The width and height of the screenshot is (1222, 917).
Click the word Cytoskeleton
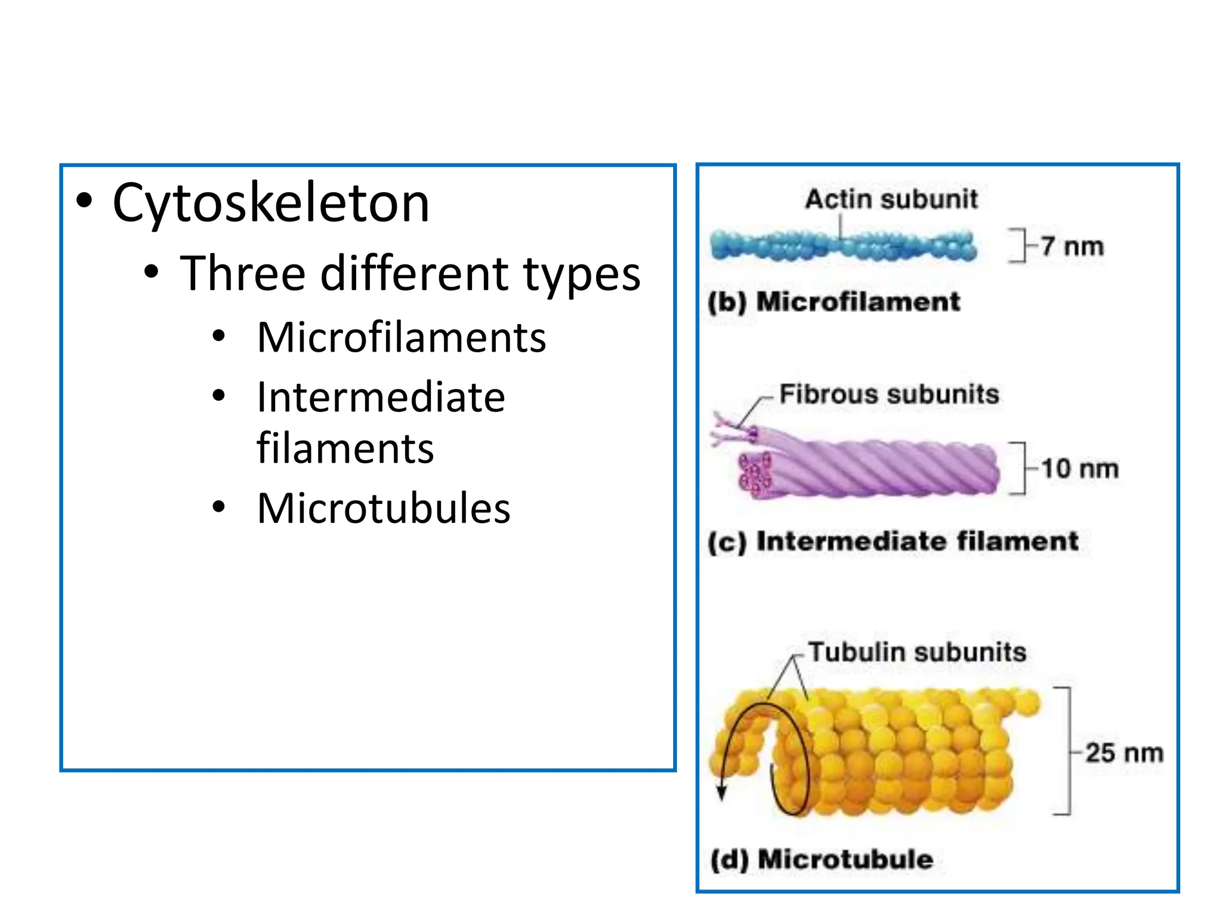pyautogui.click(x=271, y=204)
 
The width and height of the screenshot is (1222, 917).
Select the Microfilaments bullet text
pyautogui.click(x=401, y=337)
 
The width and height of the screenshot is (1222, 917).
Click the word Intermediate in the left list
pyautogui.click(x=381, y=397)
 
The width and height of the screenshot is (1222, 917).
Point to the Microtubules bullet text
pyautogui.click(x=383, y=508)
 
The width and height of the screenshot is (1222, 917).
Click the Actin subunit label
pyautogui.click(x=891, y=199)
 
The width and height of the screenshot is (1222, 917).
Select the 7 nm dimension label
pyautogui.click(x=1072, y=246)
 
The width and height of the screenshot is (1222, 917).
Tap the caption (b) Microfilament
pyautogui.click(x=834, y=301)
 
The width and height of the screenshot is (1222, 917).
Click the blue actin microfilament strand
pyautogui.click(x=843, y=245)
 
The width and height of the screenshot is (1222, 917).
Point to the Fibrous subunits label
pyautogui.click(x=889, y=394)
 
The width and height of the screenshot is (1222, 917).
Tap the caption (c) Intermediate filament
pyautogui.click(x=893, y=541)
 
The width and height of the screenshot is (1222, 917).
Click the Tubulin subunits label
pyautogui.click(x=917, y=652)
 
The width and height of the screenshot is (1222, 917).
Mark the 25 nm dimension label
pyautogui.click(x=1124, y=753)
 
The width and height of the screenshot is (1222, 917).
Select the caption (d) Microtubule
pyautogui.click(x=822, y=860)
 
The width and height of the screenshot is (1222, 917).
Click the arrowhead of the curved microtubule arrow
pyautogui.click(x=722, y=793)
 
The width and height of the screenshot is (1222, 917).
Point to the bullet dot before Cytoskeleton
pyautogui.click(x=85, y=201)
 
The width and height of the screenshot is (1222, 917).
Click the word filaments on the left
pyautogui.click(x=345, y=448)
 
